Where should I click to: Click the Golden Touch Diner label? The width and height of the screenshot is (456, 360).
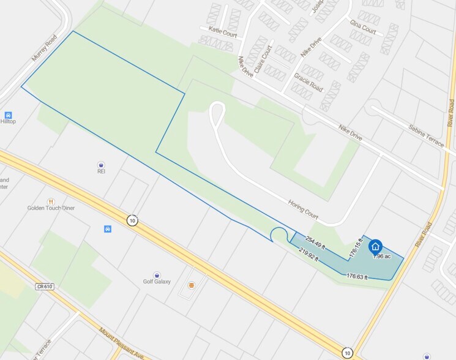51,208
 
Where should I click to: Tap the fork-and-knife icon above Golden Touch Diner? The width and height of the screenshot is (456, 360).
51,200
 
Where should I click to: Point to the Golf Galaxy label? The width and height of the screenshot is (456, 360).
157,282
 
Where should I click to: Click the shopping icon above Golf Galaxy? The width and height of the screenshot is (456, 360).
157,274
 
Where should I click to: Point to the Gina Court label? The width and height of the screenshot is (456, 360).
362,26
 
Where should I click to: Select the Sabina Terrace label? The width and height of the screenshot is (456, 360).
425,135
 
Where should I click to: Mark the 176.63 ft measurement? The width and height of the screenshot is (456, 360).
357,277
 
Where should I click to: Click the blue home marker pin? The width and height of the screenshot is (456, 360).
375,246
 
